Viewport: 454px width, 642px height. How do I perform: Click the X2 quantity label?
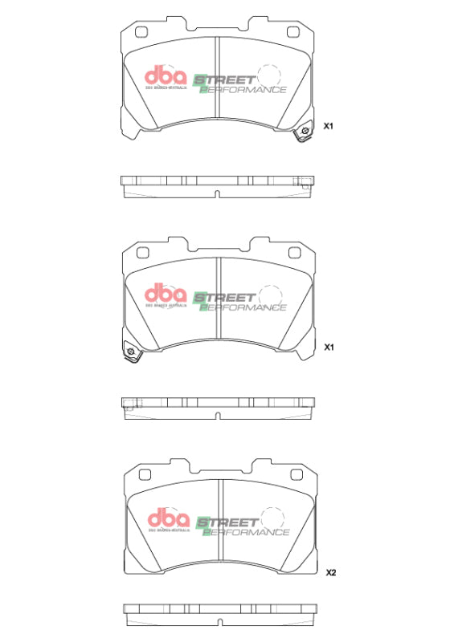point(330,572)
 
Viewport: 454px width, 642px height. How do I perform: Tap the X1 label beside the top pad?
point(328,127)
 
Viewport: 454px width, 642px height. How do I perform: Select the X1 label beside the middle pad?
point(328,348)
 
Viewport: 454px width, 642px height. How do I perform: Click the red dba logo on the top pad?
point(165,77)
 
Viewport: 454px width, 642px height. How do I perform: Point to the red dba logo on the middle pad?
point(165,295)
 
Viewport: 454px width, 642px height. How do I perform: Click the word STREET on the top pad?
point(226,80)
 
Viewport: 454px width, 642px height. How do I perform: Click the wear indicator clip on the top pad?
point(304,133)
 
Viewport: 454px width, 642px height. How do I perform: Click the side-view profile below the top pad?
point(217,185)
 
